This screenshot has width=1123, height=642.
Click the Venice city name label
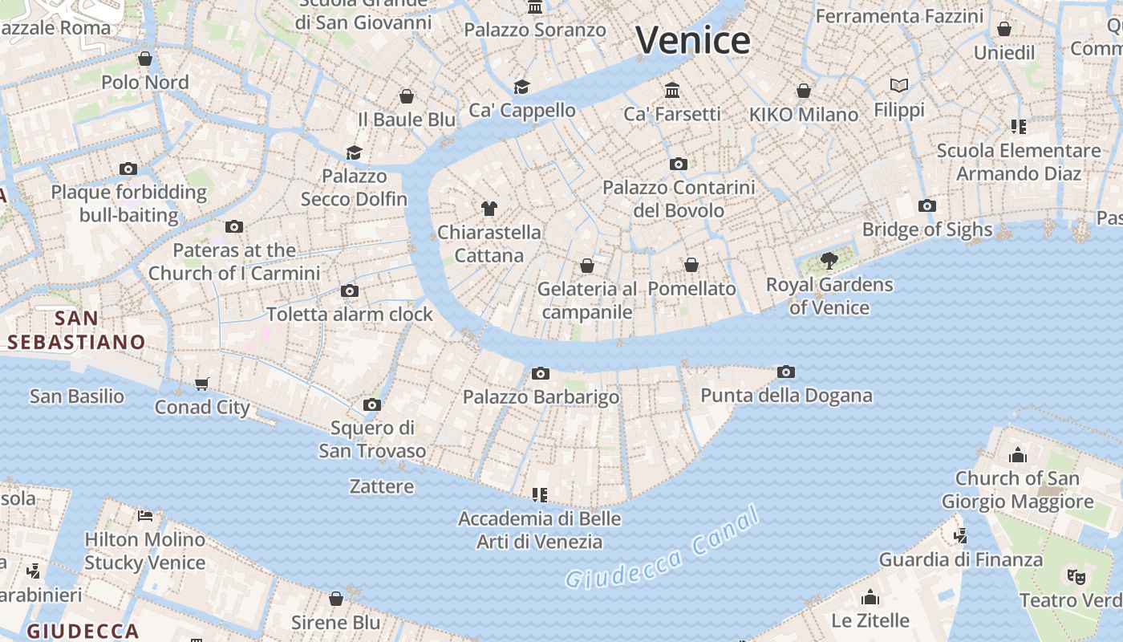tap(693, 40)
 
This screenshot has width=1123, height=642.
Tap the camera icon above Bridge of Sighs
tap(927, 206)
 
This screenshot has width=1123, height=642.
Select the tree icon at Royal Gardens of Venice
tap(829, 261)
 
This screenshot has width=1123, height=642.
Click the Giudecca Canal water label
tap(663, 549)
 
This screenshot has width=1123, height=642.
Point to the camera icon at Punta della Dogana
tap(786, 372)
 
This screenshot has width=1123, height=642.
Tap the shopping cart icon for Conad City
tap(202, 384)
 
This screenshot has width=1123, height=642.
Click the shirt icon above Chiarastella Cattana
tap(489, 209)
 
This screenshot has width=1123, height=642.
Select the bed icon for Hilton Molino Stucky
tap(145, 515)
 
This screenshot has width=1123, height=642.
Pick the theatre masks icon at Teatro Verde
tap(1076, 575)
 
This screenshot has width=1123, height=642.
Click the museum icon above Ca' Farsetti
tap(672, 90)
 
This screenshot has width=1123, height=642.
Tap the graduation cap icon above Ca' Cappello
tap(522, 87)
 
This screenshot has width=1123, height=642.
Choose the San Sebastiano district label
tap(77, 330)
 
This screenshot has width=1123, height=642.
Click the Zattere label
tap(382, 486)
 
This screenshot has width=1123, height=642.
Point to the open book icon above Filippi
tap(899, 85)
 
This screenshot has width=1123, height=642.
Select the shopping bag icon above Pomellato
tap(691, 265)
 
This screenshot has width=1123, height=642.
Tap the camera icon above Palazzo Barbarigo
tap(541, 373)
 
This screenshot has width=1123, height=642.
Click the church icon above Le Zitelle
tap(870, 597)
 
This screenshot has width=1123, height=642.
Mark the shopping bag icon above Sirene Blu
tap(336, 599)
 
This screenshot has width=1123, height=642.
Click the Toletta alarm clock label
tap(350, 314)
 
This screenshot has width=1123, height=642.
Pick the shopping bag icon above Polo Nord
tap(145, 59)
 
